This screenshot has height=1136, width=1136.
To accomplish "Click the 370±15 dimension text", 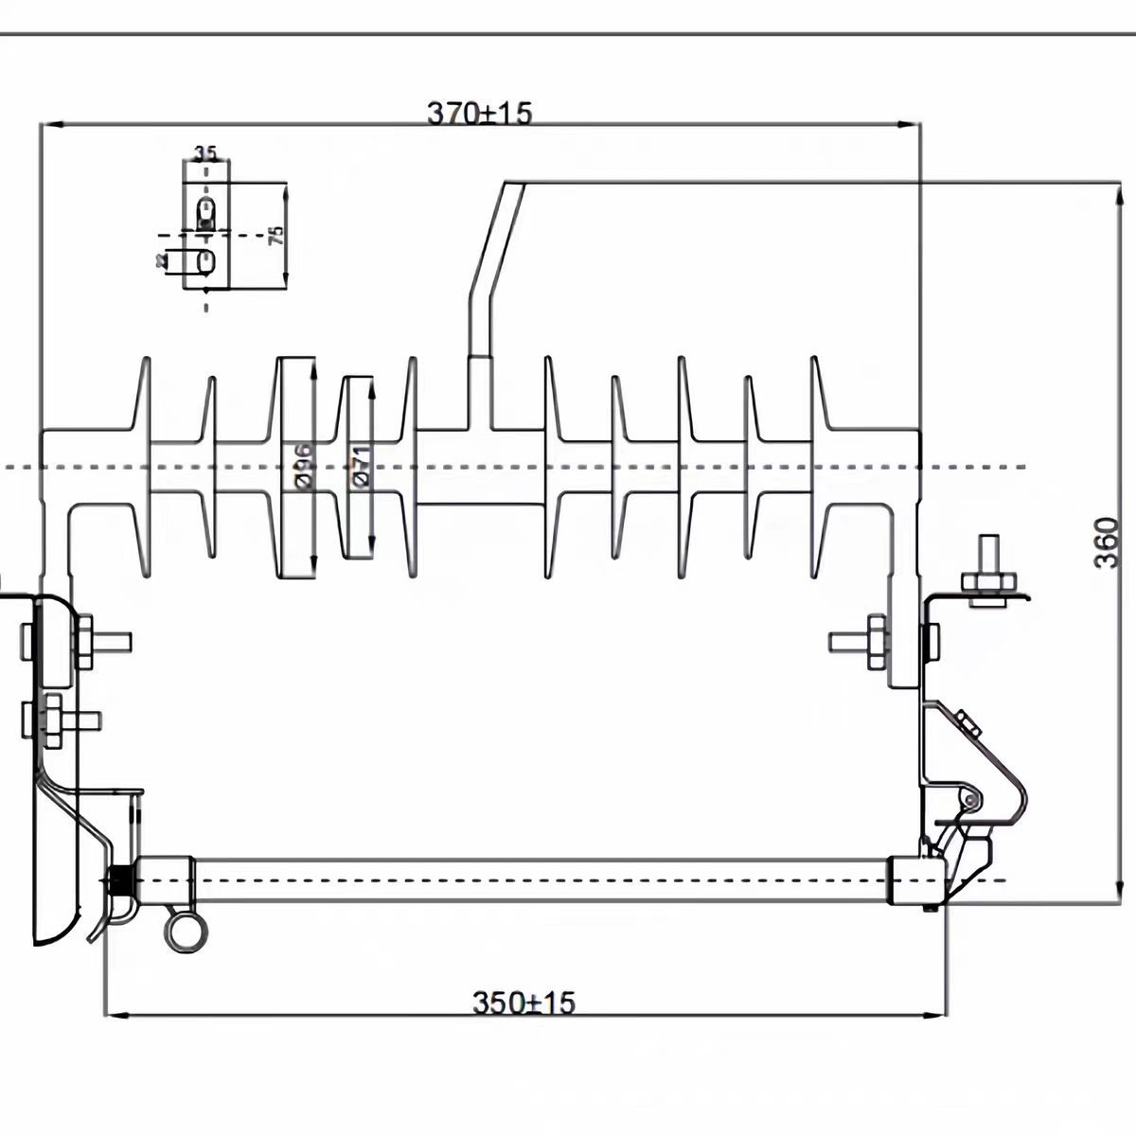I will tap(480, 113).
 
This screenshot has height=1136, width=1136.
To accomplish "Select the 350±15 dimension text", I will tap(524, 1002).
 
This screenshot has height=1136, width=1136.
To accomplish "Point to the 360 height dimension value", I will tap(1106, 541).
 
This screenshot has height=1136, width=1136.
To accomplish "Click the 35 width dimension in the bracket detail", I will tap(204, 152).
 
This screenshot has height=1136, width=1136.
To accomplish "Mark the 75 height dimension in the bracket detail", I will tap(275, 235).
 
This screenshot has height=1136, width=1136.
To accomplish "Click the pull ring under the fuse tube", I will tap(183, 932).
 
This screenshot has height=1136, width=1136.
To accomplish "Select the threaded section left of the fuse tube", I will tap(121, 881).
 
